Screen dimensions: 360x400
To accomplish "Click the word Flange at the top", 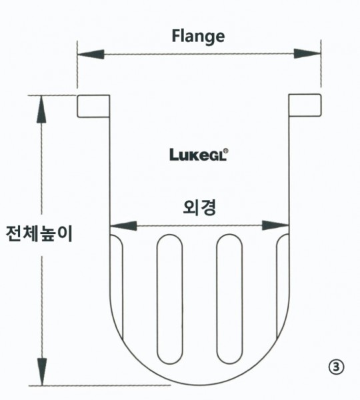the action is click(x=198, y=37).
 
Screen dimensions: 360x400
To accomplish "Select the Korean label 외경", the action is click(x=199, y=208).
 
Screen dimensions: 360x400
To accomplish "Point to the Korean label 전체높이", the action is click(x=39, y=233).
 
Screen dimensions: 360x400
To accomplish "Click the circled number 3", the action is click(x=336, y=367).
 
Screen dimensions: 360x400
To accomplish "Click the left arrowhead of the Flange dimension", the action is click(x=91, y=55).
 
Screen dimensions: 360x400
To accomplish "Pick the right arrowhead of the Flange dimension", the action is click(x=307, y=54).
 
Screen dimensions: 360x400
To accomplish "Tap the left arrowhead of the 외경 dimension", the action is click(x=123, y=226).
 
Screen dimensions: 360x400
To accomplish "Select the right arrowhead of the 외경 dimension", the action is click(x=275, y=225).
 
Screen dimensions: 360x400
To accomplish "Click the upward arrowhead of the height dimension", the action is click(x=41, y=109).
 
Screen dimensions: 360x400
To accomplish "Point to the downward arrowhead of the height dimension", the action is click(x=42, y=372).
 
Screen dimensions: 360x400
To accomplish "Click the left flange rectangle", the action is click(x=93, y=106).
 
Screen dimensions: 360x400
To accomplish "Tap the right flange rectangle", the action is click(x=305, y=105).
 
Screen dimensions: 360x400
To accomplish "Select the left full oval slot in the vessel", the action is click(x=170, y=299).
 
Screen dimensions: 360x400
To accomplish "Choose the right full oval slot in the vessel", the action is click(x=229, y=299).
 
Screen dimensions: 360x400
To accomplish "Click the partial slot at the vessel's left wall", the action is click(x=117, y=287).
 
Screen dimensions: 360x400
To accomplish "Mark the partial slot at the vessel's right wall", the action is click(x=283, y=286).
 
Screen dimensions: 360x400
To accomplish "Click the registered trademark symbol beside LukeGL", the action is click(x=226, y=151).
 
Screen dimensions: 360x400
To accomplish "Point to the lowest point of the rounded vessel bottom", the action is click(x=201, y=385).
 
